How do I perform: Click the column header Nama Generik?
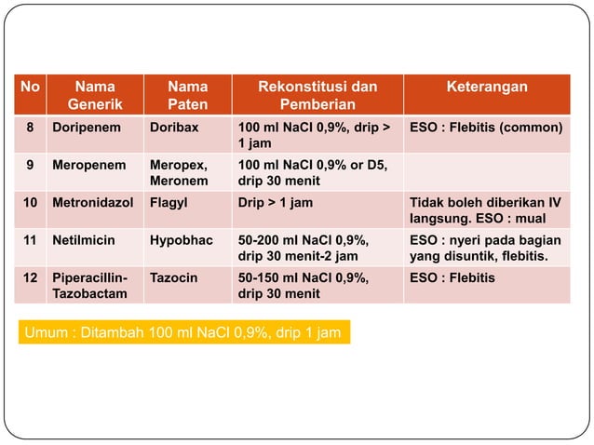coord(95,95)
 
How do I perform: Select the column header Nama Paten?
coord(187,95)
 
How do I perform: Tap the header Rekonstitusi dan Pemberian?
coord(317,95)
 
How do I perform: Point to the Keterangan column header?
coord(485,87)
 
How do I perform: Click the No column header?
coord(31,87)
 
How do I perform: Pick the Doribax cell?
coord(173,127)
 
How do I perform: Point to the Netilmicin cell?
coord(85,239)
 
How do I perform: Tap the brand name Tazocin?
coord(174,277)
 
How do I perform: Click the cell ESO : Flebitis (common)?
coord(485,127)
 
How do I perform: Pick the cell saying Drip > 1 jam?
coord(276,202)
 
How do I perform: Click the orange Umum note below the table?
coord(182,332)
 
